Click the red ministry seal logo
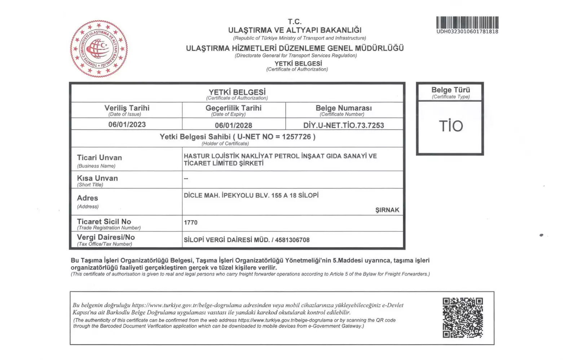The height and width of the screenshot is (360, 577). tap(99, 48)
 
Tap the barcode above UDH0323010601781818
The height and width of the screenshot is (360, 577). tap(467, 22)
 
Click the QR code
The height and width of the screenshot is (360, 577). tap(463, 317)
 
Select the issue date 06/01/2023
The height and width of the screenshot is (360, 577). tap(127, 125)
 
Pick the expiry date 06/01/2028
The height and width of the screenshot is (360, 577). tap(233, 126)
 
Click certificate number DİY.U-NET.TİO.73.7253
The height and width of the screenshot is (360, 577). tap(343, 126)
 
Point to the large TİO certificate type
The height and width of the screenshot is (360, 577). tap(450, 126)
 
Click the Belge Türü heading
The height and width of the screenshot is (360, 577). tap(450, 90)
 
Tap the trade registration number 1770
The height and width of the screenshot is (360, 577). tap(191, 223)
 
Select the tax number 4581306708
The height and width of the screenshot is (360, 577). tap(292, 240)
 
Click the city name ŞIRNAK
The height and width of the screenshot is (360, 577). tap(387, 210)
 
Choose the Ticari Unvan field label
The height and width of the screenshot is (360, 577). tap(100, 158)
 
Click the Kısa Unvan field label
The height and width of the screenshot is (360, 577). tap(97, 178)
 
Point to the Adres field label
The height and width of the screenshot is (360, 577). tap(88, 198)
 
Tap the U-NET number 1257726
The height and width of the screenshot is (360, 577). tap(296, 137)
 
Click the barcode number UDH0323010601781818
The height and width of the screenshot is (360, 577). tap(467, 32)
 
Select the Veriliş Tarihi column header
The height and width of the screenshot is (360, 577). tap(127, 108)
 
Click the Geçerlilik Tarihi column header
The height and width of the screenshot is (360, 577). tap(233, 108)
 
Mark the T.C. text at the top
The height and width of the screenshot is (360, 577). tap(295, 22)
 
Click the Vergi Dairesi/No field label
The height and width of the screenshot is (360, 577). tap(106, 237)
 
